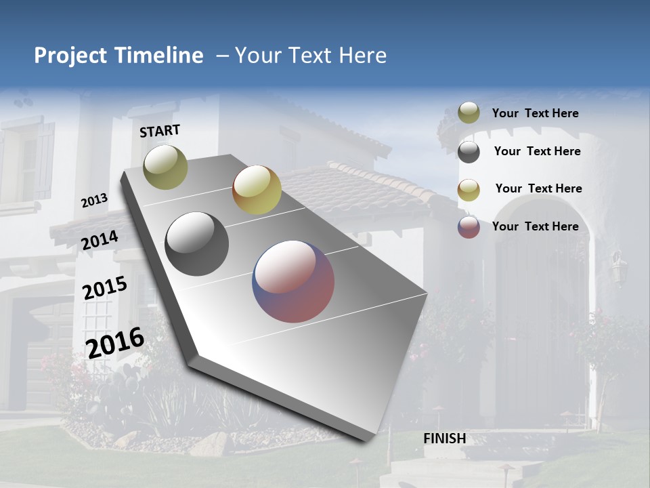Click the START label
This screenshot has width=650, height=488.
point(160,131)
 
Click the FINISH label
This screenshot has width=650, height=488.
point(444,439)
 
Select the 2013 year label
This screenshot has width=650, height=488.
point(94,201)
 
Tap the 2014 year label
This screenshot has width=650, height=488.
point(100,240)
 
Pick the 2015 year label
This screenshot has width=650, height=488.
point(104,288)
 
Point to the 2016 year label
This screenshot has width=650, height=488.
point(115,342)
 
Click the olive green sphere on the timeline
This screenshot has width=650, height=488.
point(165,167)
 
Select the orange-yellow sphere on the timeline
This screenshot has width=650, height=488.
point(257,190)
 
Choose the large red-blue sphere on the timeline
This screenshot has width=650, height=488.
point(293,281)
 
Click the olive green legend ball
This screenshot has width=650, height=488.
point(469,113)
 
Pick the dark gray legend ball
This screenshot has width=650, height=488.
point(469,152)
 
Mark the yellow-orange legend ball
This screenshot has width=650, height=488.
point(469,190)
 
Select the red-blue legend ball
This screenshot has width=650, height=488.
point(469,227)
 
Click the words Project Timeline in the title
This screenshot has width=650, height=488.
point(118,56)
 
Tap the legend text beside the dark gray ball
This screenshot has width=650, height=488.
point(537,151)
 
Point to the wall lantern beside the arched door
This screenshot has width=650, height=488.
point(617,268)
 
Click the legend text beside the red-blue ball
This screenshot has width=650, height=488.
point(535,226)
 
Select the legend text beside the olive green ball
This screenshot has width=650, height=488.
point(535,113)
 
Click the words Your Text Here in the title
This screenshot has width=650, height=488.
point(310,56)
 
